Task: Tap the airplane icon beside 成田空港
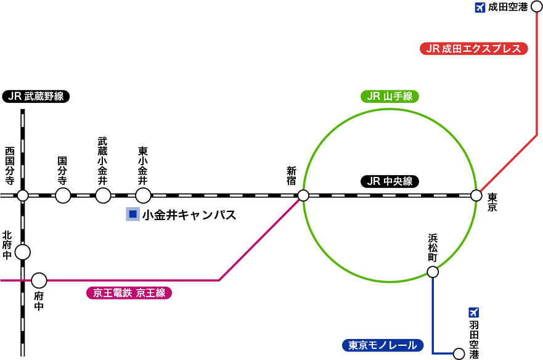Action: (480, 7)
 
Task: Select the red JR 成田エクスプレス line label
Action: (474, 49)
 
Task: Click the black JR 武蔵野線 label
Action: (36, 96)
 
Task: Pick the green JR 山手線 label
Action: (390, 96)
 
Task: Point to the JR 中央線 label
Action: (390, 181)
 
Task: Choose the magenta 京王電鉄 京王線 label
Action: (129, 293)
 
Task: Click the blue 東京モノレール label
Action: (383, 345)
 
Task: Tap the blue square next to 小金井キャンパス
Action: (133, 214)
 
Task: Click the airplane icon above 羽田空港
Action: (473, 313)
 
